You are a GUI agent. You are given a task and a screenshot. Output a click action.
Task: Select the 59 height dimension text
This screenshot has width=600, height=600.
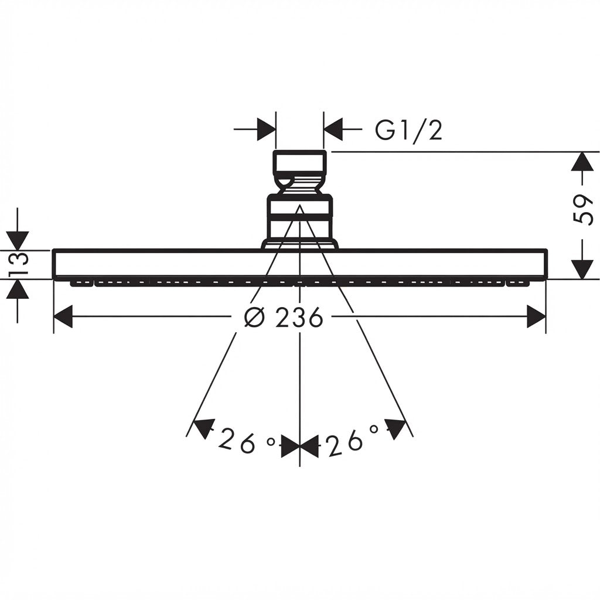tap(583, 209)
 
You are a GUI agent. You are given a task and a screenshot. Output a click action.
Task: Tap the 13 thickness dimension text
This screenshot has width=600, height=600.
tap(18, 264)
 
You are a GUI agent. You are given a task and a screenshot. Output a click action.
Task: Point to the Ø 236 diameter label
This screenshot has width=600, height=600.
tap(284, 317)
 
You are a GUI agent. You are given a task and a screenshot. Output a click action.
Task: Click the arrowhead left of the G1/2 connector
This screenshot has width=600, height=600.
tap(267, 129)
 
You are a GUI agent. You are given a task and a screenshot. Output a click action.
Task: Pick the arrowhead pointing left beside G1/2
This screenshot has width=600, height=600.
tap(333, 129)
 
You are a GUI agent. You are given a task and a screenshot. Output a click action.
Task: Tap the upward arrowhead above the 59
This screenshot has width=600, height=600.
tap(582, 161)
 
